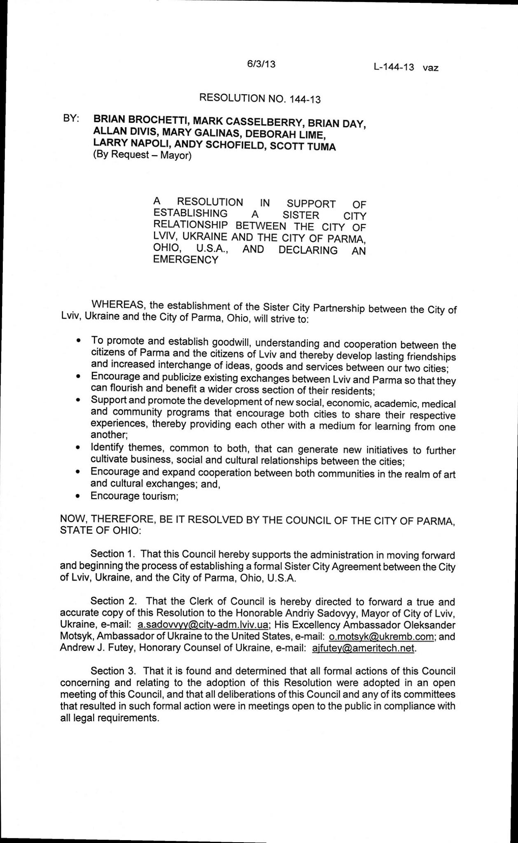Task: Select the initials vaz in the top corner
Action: coord(430,68)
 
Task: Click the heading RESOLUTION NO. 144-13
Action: coord(259,98)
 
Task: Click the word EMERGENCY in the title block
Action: coord(185,260)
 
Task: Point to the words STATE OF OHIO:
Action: coord(100,531)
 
